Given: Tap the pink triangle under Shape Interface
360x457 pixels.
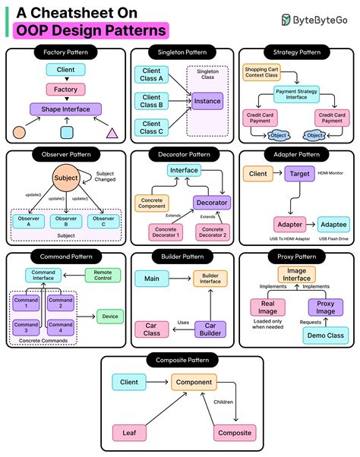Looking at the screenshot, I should tap(112, 134).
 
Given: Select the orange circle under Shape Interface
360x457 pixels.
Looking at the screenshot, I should tap(20, 134).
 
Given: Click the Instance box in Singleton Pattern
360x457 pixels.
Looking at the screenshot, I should tap(207, 100).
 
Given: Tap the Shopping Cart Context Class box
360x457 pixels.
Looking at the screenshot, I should tap(261, 74).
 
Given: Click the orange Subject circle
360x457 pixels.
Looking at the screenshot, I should tap(65, 180).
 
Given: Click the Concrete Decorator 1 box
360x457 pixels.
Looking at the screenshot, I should tap(168, 232).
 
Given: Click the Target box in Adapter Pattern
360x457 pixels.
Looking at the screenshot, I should tap(299, 174).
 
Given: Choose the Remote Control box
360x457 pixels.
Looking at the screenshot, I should tap(102, 276).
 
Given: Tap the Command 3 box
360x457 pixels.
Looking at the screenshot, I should tap(26, 327).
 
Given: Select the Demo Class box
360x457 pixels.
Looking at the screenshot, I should tap(324, 335).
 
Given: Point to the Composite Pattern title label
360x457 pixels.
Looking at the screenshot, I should tap(179, 361).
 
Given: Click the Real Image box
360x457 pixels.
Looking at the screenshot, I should tap(267, 307).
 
